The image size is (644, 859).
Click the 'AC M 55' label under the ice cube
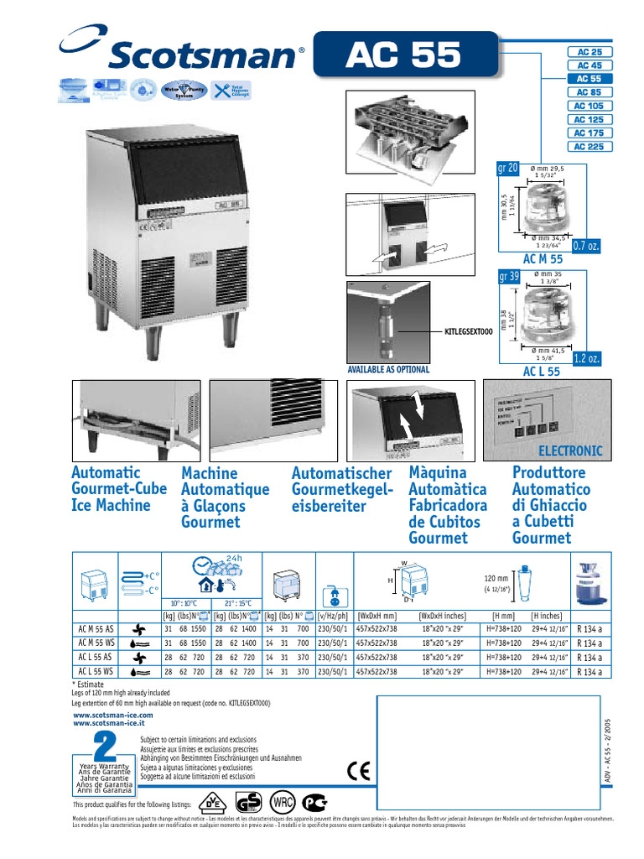point(543,260)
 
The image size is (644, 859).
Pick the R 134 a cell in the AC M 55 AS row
point(590,628)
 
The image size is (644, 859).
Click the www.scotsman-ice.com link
point(113,715)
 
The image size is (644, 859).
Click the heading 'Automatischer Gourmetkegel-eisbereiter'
point(341,490)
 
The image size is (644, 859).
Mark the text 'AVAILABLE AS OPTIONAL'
point(388,369)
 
